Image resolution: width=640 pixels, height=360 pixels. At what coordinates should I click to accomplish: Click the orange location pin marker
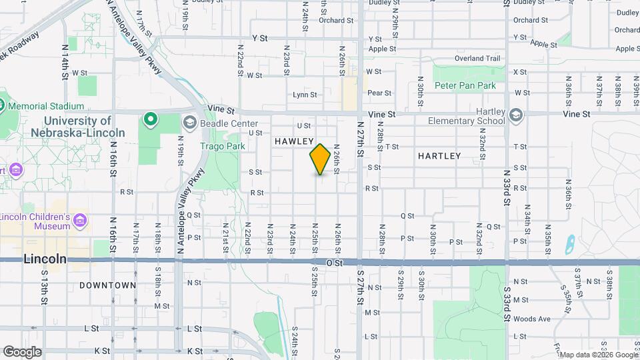(320, 159)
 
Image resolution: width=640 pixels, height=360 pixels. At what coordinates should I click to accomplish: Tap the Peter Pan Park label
(465, 86)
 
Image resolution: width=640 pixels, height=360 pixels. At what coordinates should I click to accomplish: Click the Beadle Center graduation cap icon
(190, 123)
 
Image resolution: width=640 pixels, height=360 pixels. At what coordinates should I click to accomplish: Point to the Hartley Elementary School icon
(515, 115)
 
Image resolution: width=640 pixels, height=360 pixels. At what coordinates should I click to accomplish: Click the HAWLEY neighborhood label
(294, 141)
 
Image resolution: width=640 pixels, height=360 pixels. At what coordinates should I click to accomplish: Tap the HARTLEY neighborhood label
(439, 156)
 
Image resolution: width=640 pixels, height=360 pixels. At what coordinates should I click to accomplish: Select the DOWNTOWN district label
(108, 285)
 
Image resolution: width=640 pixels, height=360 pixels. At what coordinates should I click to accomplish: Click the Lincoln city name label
(45, 259)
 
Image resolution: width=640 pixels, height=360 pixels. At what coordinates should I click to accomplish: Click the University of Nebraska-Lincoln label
(71, 127)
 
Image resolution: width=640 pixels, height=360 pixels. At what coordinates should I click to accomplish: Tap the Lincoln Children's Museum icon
(80, 219)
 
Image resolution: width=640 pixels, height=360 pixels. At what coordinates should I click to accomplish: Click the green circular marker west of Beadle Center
(151, 119)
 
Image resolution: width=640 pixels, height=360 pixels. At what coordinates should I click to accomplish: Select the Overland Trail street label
(477, 59)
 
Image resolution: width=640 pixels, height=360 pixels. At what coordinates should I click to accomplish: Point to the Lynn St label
(305, 95)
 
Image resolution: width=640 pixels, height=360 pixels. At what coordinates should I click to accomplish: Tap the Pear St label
(379, 93)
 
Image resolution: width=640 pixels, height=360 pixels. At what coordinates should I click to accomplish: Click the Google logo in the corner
(22, 352)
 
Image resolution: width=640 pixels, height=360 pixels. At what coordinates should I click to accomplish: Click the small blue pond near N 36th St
(569, 245)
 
